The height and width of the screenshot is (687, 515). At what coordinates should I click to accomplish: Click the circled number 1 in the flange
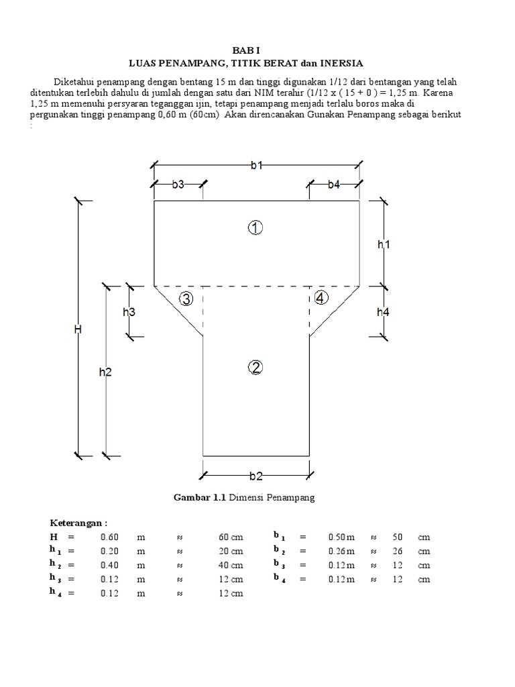(255, 228)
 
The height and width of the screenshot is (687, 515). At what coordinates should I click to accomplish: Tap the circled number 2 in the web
(255, 367)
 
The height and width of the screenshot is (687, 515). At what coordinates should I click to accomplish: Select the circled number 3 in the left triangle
(186, 299)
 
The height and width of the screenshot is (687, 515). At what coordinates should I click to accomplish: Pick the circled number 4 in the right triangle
(321, 298)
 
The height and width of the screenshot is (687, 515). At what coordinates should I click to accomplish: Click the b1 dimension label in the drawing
(257, 166)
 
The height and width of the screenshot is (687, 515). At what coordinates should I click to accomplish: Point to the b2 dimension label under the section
(255, 476)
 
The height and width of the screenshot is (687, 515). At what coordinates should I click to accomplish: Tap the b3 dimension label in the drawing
(178, 184)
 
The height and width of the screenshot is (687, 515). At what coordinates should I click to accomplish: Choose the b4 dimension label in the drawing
(334, 184)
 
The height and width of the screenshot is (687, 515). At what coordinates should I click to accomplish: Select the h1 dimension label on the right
(383, 246)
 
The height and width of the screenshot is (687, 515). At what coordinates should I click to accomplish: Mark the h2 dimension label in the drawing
(105, 372)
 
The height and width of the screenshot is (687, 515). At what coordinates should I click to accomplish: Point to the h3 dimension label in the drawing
(129, 311)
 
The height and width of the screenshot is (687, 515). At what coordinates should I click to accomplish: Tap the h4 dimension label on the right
(383, 311)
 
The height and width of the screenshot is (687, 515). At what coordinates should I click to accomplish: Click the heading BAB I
(245, 51)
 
